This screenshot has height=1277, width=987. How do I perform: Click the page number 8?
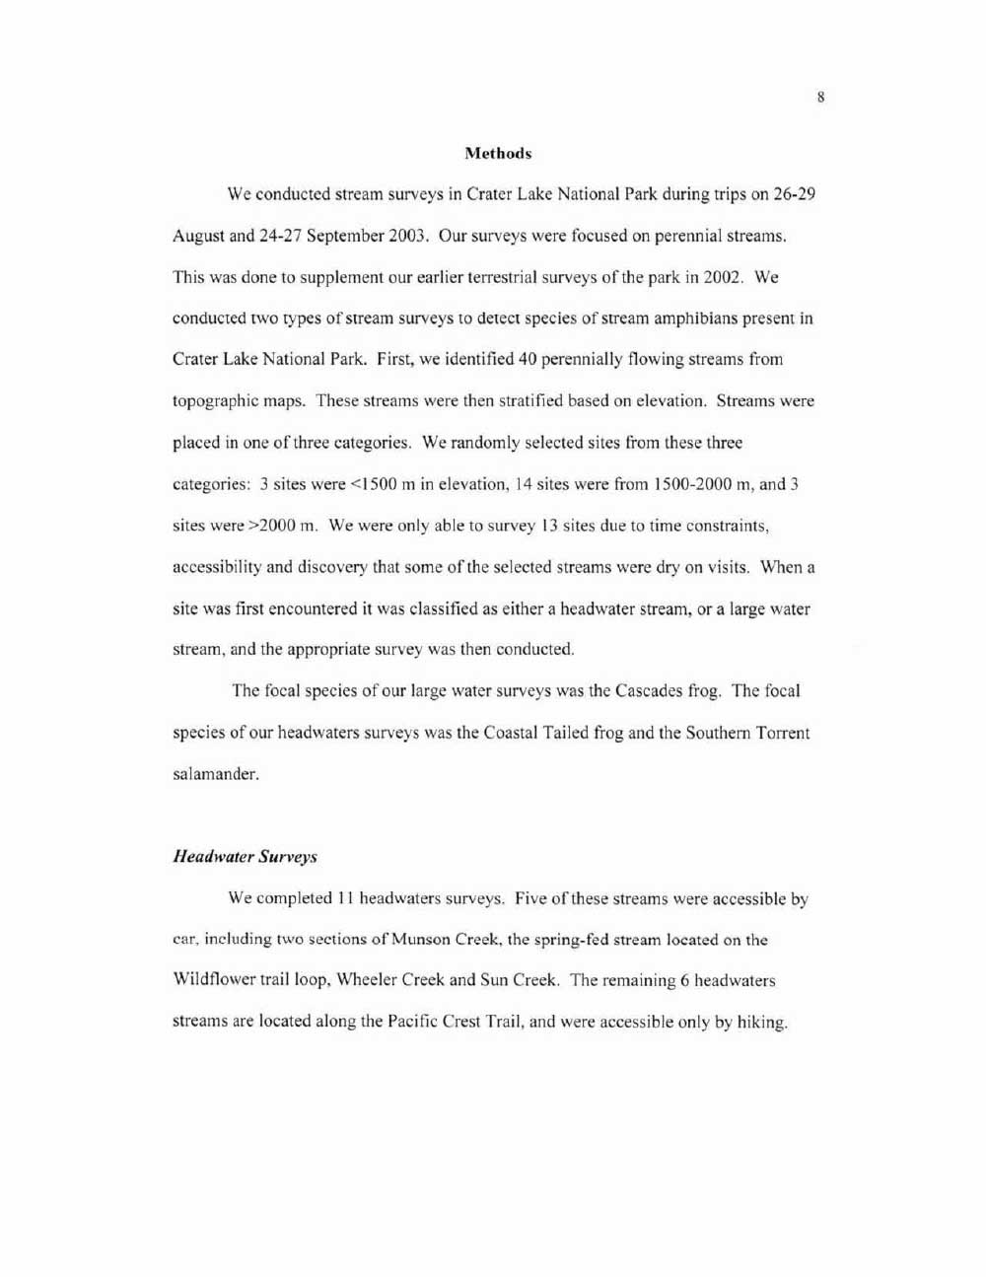(x=820, y=97)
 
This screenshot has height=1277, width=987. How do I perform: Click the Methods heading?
(x=498, y=154)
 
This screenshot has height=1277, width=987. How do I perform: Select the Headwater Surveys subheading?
(x=245, y=857)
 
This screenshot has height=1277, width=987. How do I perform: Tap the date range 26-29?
(x=794, y=194)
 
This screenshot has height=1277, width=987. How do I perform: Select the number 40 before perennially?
(x=527, y=360)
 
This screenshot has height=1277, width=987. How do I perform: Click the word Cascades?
(x=650, y=691)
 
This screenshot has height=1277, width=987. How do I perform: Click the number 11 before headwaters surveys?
(x=345, y=898)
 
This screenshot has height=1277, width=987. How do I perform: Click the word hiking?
(x=761, y=1023)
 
